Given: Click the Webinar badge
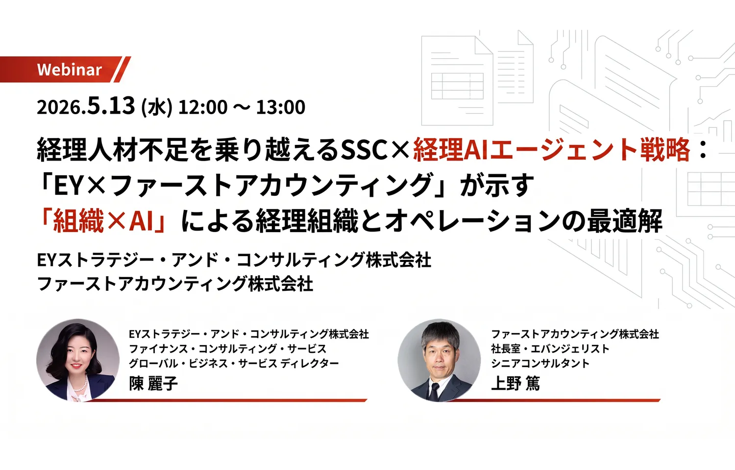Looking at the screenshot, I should (x=69, y=70).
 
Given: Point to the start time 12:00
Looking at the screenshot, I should (x=203, y=107).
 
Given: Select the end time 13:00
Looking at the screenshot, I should (x=281, y=107).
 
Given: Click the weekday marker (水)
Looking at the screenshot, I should (x=156, y=107).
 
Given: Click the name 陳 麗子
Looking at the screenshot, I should (x=153, y=383).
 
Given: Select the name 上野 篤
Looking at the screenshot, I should (x=515, y=383).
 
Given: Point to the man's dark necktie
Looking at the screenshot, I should (x=434, y=390).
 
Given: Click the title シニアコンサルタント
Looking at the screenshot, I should (x=540, y=363).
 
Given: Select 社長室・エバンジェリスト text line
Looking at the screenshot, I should (x=550, y=349).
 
